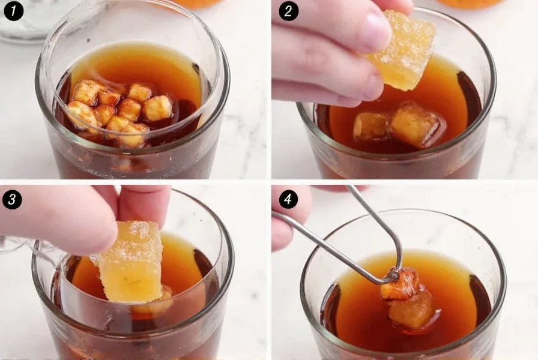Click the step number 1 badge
13,11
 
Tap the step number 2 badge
288,11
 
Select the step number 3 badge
13,198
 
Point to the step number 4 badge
288,198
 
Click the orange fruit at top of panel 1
198,3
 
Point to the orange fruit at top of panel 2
468,3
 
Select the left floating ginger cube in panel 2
370,126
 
